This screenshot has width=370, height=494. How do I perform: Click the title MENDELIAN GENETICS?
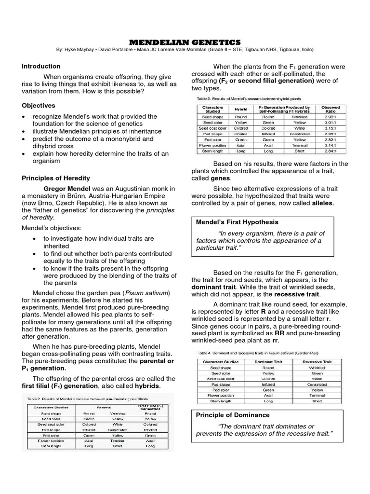(x=185, y=42)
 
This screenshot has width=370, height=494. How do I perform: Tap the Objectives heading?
(x=39, y=105)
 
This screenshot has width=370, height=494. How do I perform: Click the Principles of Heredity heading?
(x=56, y=178)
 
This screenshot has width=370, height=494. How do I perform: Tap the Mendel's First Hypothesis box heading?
(x=237, y=222)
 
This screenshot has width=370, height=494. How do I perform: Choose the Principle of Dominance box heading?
(x=233, y=415)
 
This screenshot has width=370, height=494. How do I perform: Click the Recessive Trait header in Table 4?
(x=317, y=361)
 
